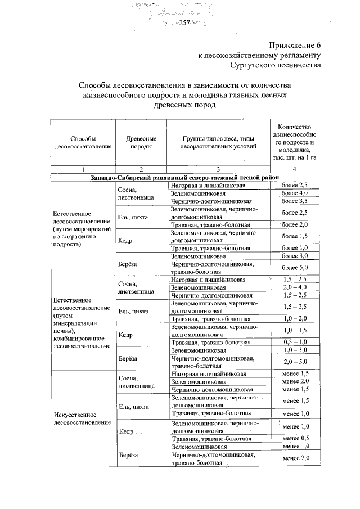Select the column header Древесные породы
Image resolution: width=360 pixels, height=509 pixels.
pyautogui.click(x=138, y=142)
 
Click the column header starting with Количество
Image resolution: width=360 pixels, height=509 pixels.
pyautogui.click(x=295, y=142)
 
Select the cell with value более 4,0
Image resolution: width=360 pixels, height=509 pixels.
pyautogui.click(x=295, y=193)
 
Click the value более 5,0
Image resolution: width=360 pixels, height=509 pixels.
pyautogui.click(x=295, y=267)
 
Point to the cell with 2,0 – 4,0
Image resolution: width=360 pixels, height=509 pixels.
pyautogui.click(x=295, y=287)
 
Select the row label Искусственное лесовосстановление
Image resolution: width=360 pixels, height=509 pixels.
pyautogui.click(x=79, y=418)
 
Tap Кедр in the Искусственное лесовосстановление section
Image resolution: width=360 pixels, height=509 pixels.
pyautogui.click(x=126, y=431)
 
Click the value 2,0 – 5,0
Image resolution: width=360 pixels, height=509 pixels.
pyautogui.click(x=295, y=362)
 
